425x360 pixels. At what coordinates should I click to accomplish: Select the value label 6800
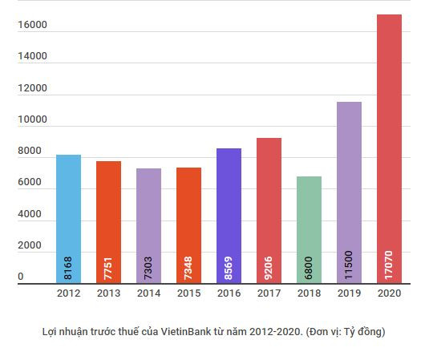click(x=310, y=267)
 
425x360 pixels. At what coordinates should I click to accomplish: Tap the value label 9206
click(x=269, y=267)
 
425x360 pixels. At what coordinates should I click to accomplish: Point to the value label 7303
click(x=149, y=267)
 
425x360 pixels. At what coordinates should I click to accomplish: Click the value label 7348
click(x=189, y=267)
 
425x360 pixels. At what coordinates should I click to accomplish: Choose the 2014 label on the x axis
click(x=148, y=293)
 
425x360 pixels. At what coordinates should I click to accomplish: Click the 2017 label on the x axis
click(x=269, y=293)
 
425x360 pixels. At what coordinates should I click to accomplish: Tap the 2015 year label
click(x=188, y=293)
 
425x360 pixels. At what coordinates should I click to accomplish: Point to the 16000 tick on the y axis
click(x=33, y=26)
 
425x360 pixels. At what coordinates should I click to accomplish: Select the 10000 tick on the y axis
click(x=33, y=120)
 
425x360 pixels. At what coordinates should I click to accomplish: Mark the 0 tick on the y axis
click(x=21, y=277)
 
